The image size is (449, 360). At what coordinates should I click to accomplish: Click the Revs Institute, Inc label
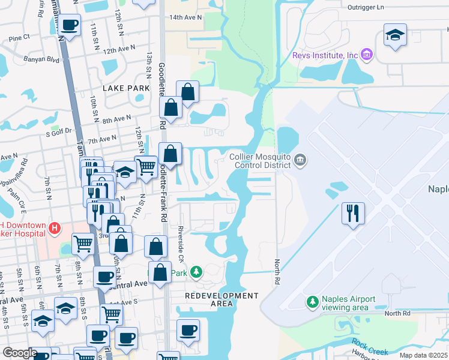click(x=325, y=56)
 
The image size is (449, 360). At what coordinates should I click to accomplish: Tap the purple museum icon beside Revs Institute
click(x=368, y=56)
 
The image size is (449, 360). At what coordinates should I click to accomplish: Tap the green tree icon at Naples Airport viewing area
click(x=312, y=301)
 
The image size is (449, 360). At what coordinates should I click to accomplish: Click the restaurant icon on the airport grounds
click(x=352, y=213)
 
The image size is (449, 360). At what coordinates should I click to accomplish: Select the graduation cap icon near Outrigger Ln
click(x=395, y=35)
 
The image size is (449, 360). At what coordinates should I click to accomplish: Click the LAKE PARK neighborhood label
click(x=126, y=88)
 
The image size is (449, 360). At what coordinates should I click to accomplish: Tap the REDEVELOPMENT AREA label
click(x=221, y=299)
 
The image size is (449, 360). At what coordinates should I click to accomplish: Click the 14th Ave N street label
click(x=186, y=18)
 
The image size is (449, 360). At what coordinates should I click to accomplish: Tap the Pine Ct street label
click(x=19, y=37)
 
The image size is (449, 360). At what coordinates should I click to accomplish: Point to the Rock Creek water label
click(x=366, y=345)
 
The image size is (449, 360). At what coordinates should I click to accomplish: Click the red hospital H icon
click(x=55, y=228)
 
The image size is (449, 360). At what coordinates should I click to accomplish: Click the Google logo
click(x=20, y=353)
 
